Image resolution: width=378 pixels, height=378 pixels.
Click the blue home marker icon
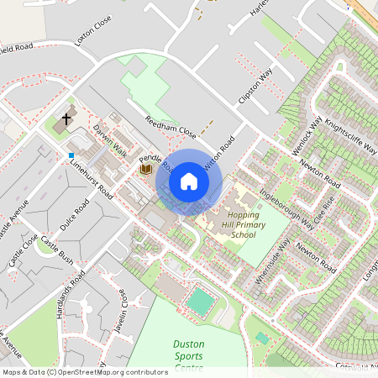189,181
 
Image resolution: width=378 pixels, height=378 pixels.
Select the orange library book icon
146,169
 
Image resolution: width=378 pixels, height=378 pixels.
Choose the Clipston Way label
256,87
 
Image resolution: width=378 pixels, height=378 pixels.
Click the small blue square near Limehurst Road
71,155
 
